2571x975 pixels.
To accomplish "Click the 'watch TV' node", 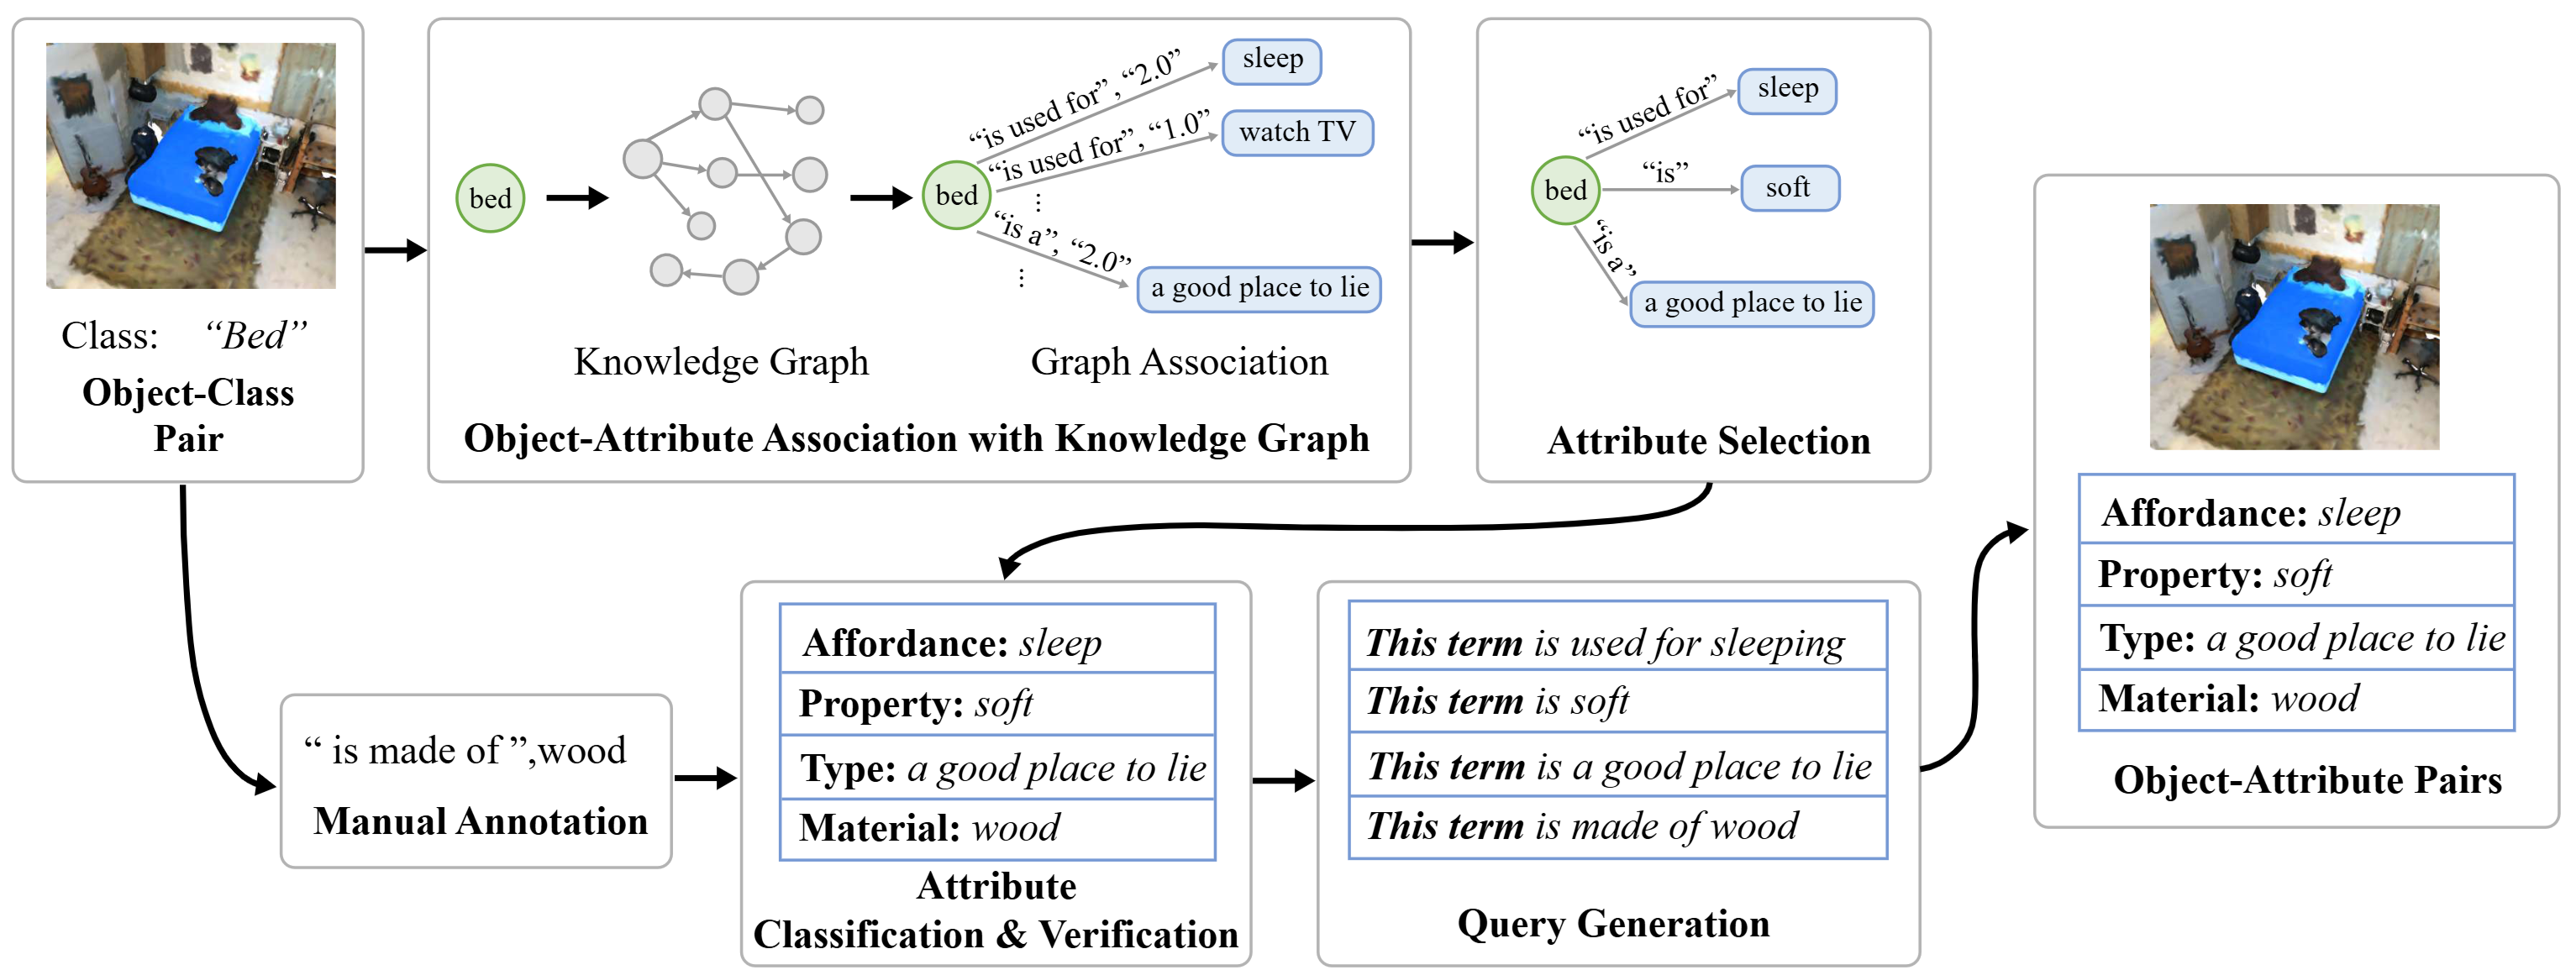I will click(1296, 133).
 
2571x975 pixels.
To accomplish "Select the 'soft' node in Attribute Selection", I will click(1789, 187).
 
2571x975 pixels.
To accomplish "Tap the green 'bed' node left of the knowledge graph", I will click(490, 198).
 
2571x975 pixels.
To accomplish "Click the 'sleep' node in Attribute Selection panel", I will click(1786, 90).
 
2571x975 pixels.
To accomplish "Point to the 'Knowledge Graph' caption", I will click(721, 361).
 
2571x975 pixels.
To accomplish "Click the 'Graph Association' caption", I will click(1179, 361).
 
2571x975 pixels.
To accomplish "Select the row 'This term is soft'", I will click(1616, 700).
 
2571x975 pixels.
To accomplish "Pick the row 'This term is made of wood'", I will click(1616, 826).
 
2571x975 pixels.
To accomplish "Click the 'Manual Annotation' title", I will click(480, 821).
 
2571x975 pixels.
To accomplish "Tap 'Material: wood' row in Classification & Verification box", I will click(996, 828).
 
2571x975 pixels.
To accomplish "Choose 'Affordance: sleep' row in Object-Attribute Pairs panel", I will click(2295, 513).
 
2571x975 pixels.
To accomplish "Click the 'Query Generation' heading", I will click(1613, 923).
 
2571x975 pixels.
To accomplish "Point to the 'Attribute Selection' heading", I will click(1707, 440).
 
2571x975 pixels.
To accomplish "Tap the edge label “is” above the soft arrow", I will click(1664, 171).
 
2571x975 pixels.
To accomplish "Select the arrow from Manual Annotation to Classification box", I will click(706, 778).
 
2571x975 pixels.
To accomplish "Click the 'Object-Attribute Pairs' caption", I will click(2306, 779).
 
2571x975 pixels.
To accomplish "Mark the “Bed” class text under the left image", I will click(255, 335).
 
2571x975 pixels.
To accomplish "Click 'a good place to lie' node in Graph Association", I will click(1259, 288).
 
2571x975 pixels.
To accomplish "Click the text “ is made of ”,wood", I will click(465, 751).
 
